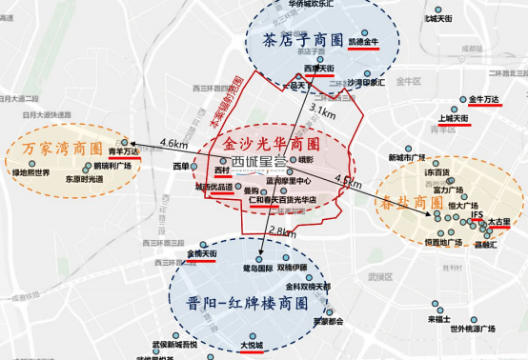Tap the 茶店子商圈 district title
[x=300, y=41]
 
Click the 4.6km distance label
[x=174, y=144]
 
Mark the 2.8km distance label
[x=283, y=232]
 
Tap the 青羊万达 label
[x=123, y=151]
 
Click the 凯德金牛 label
[x=363, y=43]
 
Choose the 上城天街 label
[x=452, y=119]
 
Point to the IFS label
[x=477, y=216]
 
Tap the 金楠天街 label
[x=203, y=254]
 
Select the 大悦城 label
[x=226, y=347]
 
